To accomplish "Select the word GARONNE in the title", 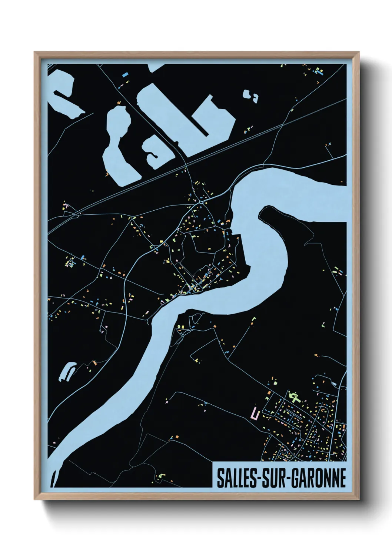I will click(319, 478).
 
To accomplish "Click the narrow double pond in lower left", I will click(66, 372).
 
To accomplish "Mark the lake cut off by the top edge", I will click(156, 67).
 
